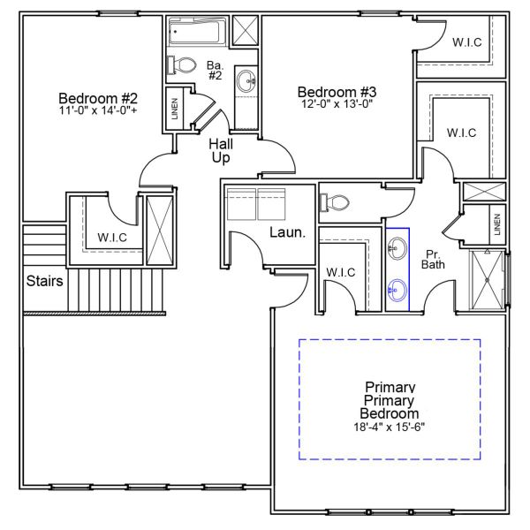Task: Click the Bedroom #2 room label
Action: tap(98, 98)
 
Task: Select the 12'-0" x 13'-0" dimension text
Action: tap(337, 104)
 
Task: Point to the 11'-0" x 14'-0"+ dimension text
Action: tap(98, 110)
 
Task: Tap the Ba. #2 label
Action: tap(214, 71)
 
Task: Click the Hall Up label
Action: tap(221, 150)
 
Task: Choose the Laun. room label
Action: tap(287, 233)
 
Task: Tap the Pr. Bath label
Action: tap(433, 258)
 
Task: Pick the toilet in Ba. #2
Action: tap(183, 64)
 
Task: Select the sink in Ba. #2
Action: tap(247, 82)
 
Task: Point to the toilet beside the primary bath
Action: tap(335, 202)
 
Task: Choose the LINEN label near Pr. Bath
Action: tap(497, 224)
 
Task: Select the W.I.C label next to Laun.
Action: tap(340, 272)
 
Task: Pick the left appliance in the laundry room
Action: tap(240, 204)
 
